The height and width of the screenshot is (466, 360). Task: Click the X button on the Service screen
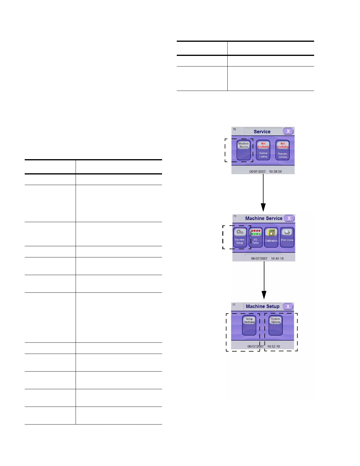(x=288, y=131)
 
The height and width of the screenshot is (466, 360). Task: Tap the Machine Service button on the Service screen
(x=244, y=150)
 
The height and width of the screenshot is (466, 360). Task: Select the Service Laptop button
(x=263, y=150)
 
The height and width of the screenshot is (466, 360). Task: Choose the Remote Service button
(x=283, y=150)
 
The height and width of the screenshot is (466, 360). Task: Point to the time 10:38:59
(x=275, y=172)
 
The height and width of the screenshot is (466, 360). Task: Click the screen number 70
(x=234, y=129)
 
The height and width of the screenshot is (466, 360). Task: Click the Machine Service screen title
(x=264, y=218)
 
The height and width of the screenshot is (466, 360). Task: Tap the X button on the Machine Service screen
(x=289, y=218)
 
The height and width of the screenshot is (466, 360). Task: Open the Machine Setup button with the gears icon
(x=240, y=237)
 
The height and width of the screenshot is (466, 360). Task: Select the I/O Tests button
(x=255, y=237)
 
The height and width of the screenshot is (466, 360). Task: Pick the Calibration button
(x=271, y=237)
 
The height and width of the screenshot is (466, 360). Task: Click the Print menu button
(x=287, y=237)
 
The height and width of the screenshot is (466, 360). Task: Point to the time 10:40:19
(x=277, y=259)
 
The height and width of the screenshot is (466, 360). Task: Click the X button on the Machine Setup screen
(x=288, y=306)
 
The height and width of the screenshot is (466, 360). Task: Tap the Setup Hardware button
(x=249, y=325)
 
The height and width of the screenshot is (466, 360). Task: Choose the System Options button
(x=276, y=325)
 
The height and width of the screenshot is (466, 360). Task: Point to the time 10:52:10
(x=274, y=346)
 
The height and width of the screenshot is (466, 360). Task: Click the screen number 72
(x=234, y=304)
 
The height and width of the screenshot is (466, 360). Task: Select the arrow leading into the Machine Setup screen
(x=264, y=281)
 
